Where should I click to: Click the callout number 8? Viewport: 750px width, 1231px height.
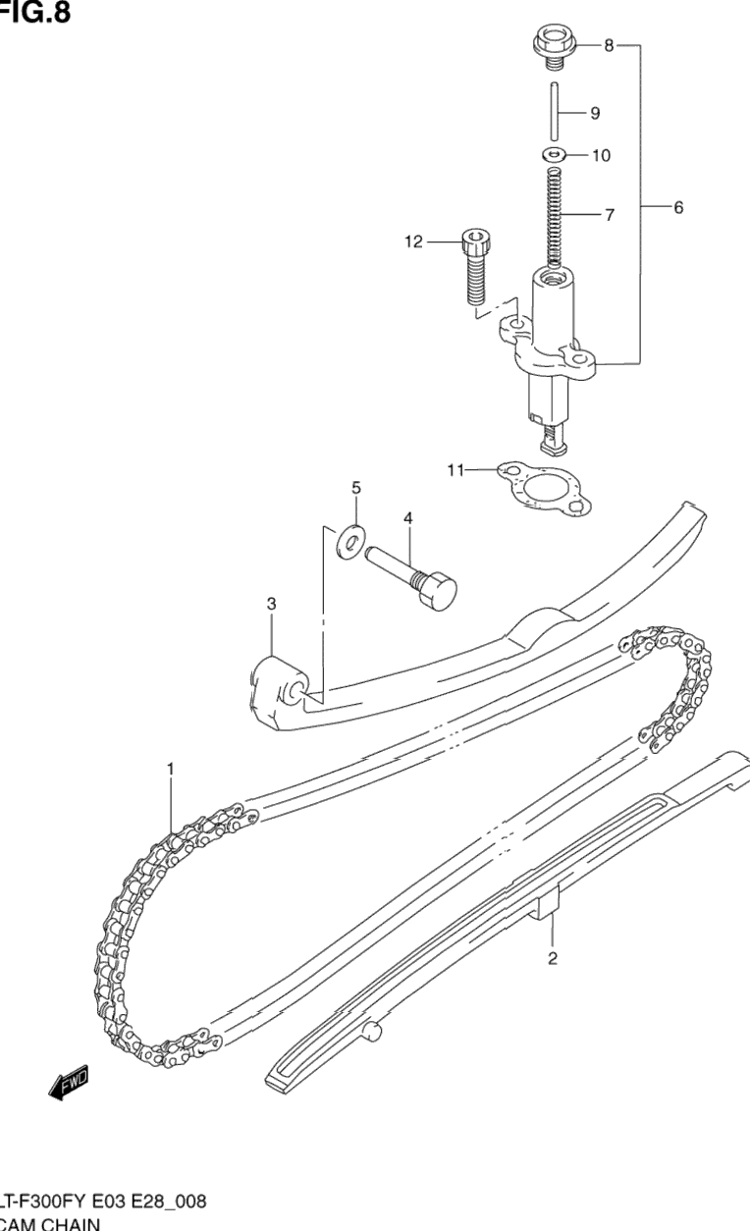point(608,45)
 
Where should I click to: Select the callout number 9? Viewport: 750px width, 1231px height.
point(595,113)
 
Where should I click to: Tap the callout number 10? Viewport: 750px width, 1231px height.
point(601,155)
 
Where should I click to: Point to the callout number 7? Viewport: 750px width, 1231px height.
point(610,215)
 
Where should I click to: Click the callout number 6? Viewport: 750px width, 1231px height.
point(677,208)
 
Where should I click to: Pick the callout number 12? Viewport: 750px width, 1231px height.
point(413,241)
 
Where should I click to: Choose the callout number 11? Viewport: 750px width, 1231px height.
point(454,470)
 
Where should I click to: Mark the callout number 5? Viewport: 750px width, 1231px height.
point(356,487)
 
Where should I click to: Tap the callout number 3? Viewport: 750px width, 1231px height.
point(271,605)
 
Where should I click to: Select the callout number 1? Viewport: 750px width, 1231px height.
point(170,771)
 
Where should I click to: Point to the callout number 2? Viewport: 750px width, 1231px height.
point(553,959)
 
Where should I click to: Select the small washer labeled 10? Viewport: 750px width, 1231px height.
point(555,154)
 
